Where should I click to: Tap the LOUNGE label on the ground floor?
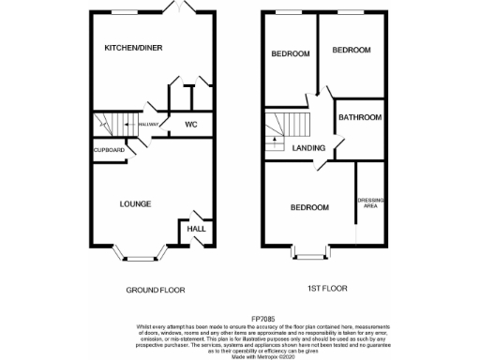pyautogui.click(x=137, y=202)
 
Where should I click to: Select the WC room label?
pyautogui.click(x=190, y=124)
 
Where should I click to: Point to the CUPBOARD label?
pyautogui.click(x=108, y=150)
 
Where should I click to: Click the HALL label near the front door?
pyautogui.click(x=197, y=229)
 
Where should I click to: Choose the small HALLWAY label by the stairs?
pyautogui.click(x=150, y=124)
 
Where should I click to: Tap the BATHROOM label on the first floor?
pyautogui.click(x=360, y=118)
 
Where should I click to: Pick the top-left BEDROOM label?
pyautogui.click(x=291, y=54)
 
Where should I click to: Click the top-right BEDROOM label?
pyautogui.click(x=352, y=50)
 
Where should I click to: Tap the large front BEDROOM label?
pyautogui.click(x=308, y=207)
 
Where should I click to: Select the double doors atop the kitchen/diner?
pyautogui.click(x=173, y=9)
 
